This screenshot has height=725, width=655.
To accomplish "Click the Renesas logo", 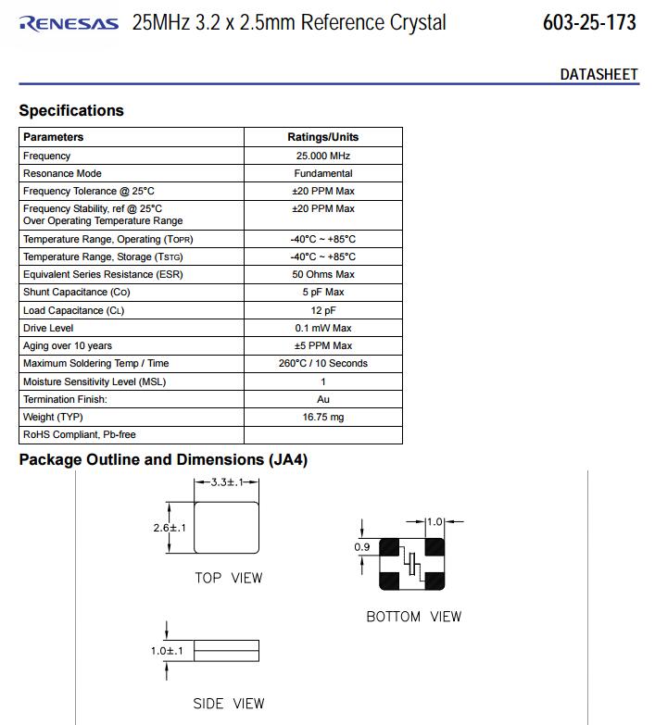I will pos(69,23).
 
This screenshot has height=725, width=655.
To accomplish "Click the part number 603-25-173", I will pos(589,22).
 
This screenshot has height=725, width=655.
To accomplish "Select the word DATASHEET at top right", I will pos(598,74).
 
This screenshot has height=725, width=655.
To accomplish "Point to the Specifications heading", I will pos(71,110).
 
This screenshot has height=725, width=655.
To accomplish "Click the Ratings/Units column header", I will pos(322,137).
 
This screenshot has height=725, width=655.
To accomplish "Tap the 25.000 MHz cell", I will pos(322,156).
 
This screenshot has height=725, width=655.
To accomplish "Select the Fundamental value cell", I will pos(322,173).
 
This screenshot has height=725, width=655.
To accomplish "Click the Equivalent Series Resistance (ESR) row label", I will pos(103,274).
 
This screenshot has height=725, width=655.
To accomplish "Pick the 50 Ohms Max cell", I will pos(322,274).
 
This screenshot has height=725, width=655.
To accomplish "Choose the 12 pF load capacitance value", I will pos(322,310).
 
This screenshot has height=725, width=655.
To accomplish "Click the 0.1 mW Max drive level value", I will pos(322,328).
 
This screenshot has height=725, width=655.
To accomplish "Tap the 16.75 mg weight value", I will pos(322,417).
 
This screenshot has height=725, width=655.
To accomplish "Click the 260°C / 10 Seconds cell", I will pos(322,363).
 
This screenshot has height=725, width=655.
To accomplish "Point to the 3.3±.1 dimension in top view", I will pos(226,482).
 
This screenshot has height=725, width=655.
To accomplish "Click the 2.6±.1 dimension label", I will pos(170,528).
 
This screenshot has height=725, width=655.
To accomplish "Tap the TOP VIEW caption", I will pos(228,578).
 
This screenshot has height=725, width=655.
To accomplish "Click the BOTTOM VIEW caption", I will pos(413,617).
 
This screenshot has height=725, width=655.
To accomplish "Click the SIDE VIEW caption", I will pos(228,704).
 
